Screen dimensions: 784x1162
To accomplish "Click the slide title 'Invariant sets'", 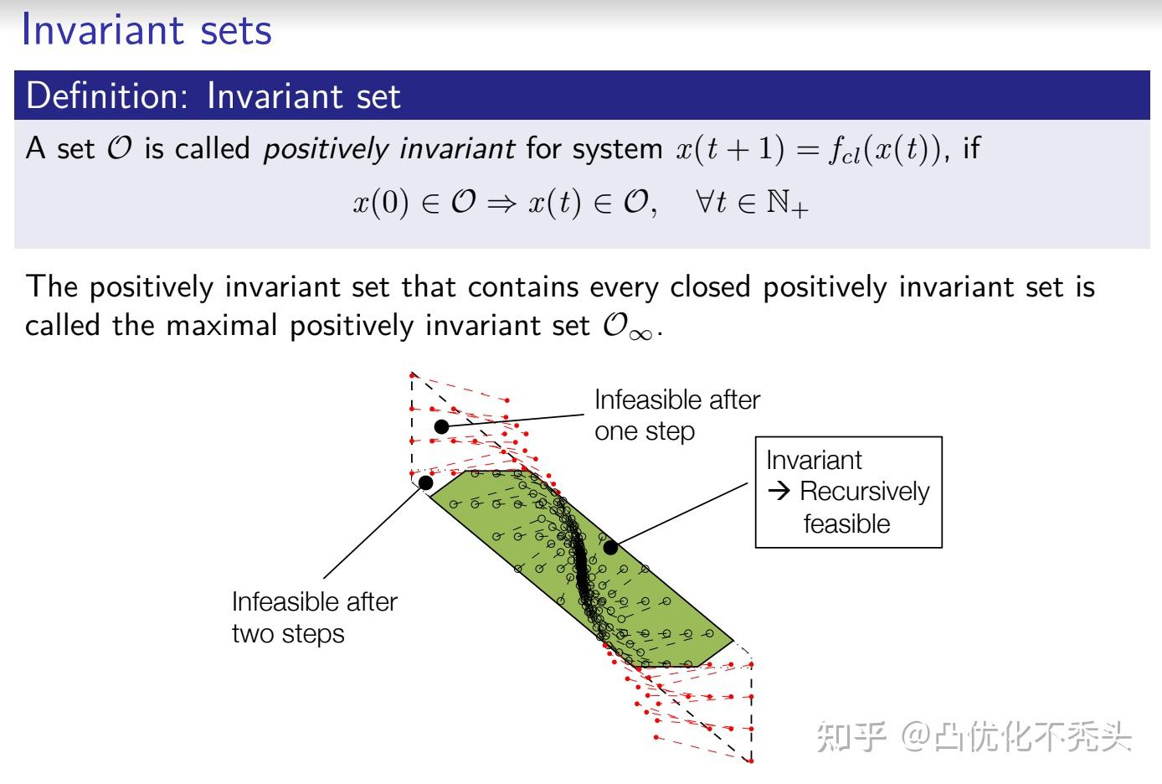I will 147,30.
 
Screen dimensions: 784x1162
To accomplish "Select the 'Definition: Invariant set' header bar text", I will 213,95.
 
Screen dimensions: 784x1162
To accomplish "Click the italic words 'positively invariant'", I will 388,149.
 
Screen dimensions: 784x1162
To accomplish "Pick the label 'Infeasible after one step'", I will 676,415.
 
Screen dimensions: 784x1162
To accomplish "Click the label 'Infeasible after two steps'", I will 314,616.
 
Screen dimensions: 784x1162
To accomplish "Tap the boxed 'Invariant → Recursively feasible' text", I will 847,492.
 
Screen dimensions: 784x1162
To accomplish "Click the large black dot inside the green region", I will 611,547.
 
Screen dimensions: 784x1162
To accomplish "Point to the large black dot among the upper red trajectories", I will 441,426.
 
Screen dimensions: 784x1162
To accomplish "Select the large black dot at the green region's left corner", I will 425,482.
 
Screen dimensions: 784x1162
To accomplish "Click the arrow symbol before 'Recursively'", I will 779,492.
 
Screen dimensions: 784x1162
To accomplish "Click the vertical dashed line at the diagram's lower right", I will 751,712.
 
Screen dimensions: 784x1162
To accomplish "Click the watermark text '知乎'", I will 851,737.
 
